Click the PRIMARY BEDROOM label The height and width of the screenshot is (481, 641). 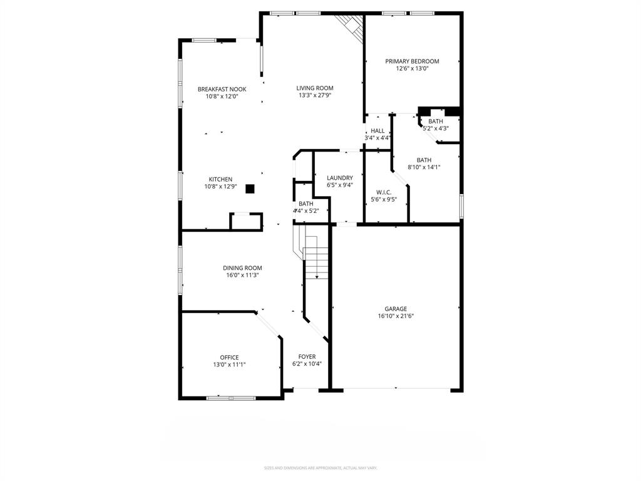tap(412, 61)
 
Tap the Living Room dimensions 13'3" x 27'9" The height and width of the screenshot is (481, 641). tap(315, 96)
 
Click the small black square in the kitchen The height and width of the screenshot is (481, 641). tap(250, 188)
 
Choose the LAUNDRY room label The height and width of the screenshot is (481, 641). tap(340, 178)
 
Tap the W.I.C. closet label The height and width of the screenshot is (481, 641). tap(384, 192)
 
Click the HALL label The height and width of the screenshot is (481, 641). tap(377, 131)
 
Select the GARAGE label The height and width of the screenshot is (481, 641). tap(396, 309)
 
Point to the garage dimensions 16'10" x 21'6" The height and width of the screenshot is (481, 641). tap(396, 316)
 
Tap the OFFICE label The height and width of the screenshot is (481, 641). tap(229, 358)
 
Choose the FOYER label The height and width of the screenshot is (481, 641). tap(307, 356)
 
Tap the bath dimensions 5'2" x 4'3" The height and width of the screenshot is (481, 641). tap(436, 128)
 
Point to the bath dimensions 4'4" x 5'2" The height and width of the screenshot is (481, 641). tap(306, 211)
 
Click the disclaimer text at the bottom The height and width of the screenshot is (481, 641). tap(320, 468)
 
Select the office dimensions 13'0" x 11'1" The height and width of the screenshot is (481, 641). tap(229, 365)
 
